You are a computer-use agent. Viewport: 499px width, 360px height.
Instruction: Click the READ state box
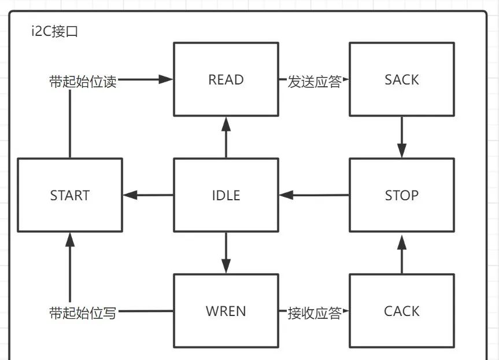pos(226,79)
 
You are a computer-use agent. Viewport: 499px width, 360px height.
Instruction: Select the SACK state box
pos(401,79)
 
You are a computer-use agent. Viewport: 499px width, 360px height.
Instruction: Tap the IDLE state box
pos(226,195)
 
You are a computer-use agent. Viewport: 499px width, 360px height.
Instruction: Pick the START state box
pos(70,195)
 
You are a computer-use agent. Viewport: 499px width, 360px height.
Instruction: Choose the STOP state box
pos(401,195)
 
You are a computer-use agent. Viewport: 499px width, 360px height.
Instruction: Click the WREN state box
pos(226,311)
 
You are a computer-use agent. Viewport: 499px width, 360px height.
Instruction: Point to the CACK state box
pos(401,311)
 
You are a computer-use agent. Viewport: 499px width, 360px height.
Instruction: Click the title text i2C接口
pos(55,32)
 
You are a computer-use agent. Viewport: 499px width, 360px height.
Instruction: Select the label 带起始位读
pos(83,82)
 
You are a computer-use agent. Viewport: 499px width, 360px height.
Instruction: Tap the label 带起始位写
pos(83,313)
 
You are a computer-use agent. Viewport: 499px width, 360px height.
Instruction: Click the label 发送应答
pos(314,81)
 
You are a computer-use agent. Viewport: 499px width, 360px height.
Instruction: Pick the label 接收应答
pos(314,313)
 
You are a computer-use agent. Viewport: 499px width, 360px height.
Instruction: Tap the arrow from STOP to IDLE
pos(314,196)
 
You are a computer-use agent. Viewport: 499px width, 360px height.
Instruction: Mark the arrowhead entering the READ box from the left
pos(167,80)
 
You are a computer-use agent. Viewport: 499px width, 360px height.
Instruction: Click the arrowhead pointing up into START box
pos(70,239)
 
